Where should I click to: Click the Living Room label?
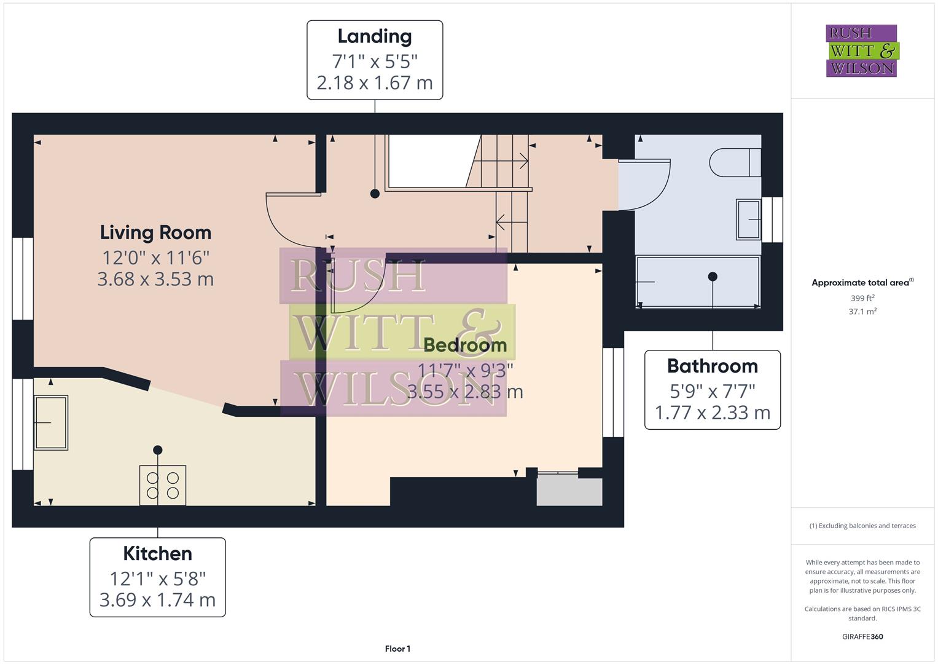pyautogui.click(x=155, y=232)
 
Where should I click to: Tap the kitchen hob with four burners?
pyautogui.click(x=163, y=485)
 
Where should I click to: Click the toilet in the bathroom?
pyautogui.click(x=734, y=163)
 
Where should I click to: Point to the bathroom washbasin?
pyautogui.click(x=748, y=219)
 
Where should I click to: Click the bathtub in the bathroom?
pyautogui.click(x=698, y=282)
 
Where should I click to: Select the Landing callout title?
pyautogui.click(x=374, y=36)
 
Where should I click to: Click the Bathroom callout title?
pyautogui.click(x=712, y=366)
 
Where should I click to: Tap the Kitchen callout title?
pyautogui.click(x=157, y=553)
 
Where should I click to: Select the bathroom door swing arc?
pyautogui.click(x=646, y=185)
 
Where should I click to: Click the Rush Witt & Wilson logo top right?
pyautogui.click(x=861, y=51)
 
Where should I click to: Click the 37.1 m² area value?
pyautogui.click(x=862, y=312)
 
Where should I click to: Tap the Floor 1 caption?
pyautogui.click(x=397, y=649)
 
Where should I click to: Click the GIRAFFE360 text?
pyautogui.click(x=862, y=636)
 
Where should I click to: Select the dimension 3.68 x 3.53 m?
pyautogui.click(x=155, y=279)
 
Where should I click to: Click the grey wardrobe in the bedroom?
pyautogui.click(x=569, y=491)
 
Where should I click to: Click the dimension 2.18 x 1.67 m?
pyautogui.click(x=374, y=83)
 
